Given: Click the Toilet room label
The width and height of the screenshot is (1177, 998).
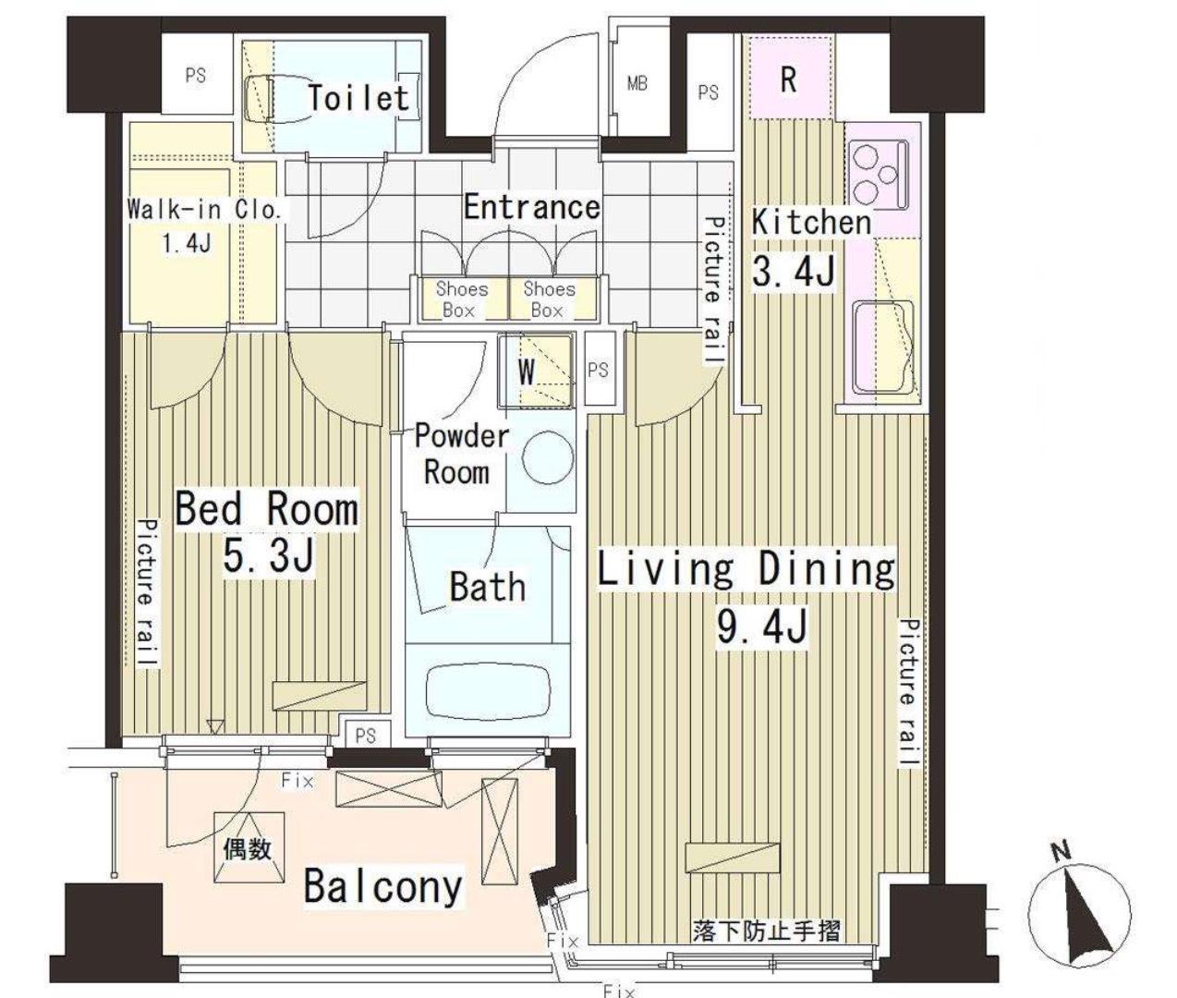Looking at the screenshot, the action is pos(358,97).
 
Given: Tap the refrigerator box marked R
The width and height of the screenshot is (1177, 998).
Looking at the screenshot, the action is pos(792,78).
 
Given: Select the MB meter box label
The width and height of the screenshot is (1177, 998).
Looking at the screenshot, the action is pos(637,84).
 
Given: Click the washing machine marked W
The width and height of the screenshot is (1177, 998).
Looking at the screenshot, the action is pos(536,372).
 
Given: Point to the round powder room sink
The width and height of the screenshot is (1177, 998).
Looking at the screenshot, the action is pos(548,457).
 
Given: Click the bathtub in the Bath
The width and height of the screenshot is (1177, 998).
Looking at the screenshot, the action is pos(488,692).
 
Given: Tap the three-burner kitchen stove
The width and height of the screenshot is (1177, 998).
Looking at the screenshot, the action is pos(878,175).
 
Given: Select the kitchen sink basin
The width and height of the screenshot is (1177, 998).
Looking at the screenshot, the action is pos(883,347).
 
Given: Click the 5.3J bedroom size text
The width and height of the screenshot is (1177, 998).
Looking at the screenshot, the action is pos(268,556).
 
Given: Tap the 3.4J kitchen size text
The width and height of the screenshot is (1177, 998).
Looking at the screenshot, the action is pos(794,272).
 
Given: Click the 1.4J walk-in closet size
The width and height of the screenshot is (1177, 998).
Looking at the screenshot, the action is pos(187,244).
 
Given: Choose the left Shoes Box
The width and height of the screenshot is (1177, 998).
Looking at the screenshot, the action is pos(462,299).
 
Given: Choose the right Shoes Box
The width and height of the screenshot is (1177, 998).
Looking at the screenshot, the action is pos(550,299).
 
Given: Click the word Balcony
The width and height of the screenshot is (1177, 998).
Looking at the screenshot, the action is pos(382,886).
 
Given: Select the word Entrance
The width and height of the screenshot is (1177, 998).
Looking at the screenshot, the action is pos(532,207).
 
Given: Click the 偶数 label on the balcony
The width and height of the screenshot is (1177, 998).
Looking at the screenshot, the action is pos(247,850).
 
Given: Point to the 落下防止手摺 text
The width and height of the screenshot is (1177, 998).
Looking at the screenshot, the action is pos(766,931).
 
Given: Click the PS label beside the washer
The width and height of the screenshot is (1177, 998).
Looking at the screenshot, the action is pos(598,371).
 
